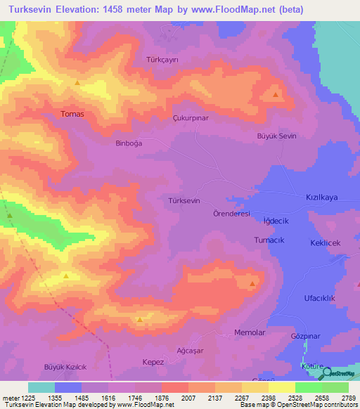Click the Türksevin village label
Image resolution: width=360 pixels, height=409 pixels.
pos(185,200)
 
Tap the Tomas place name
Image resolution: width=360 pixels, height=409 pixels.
pos(72,114)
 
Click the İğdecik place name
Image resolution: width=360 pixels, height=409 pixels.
pos(276,221)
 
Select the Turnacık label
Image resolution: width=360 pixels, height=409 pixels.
pos(269,240)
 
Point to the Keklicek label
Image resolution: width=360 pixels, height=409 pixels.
pos(325,242)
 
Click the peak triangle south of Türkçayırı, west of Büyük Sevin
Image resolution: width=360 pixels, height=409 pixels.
pos(276,95)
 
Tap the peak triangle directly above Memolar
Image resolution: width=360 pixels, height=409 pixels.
pos(252,283)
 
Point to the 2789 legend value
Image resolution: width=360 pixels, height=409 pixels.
pos(347,398)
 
